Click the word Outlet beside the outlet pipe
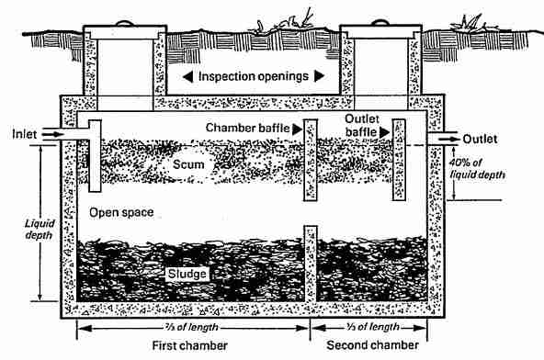pyautogui.click(x=480, y=139)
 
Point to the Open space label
pyautogui.click(x=120, y=212)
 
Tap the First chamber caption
pyautogui.click(x=190, y=347)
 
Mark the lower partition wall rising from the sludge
pyautogui.click(x=311, y=266)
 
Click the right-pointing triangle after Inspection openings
pyautogui.click(x=320, y=76)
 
